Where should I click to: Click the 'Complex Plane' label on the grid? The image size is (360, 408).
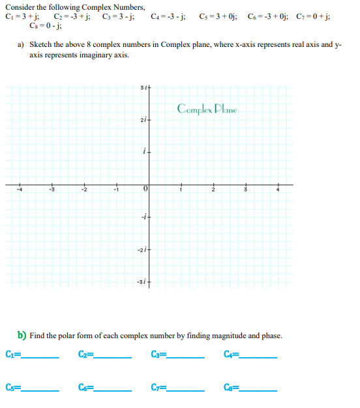207,108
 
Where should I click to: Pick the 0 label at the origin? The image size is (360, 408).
146,190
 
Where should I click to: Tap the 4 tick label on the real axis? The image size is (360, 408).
277,190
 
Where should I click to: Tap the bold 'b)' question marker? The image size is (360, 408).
22,336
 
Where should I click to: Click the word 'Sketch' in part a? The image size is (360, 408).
40,46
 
